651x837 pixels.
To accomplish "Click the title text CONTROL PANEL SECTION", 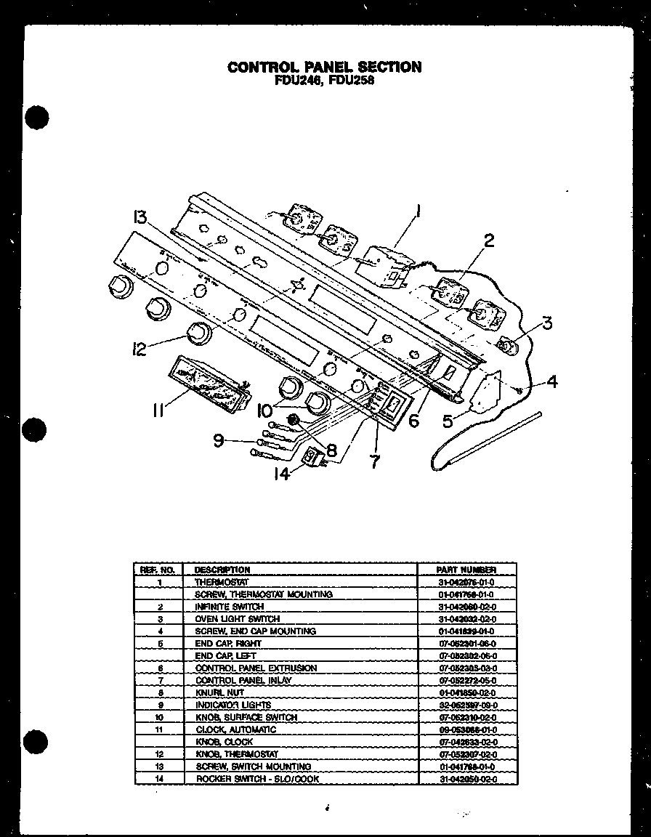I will click(324, 67).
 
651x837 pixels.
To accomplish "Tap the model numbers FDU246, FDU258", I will click(324, 81).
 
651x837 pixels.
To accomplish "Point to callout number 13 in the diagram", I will click(141, 217).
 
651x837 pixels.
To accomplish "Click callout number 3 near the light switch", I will click(547, 322).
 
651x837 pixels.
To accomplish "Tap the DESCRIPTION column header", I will click(222, 570).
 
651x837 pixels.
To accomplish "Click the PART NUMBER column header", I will click(466, 570).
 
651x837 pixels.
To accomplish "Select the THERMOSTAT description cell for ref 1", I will click(222, 582).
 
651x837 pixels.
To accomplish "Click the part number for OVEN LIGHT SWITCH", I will click(466, 619).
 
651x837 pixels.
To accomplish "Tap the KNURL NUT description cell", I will click(220, 693).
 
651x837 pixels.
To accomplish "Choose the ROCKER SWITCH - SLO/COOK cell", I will click(257, 779).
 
